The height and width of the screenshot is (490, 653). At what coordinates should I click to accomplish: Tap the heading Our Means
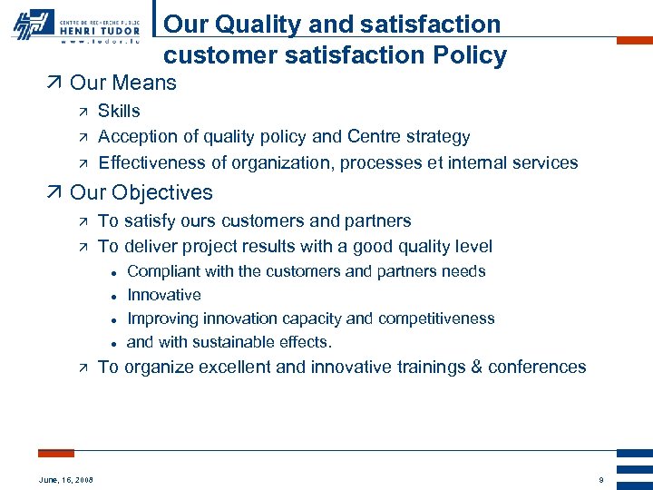[x=122, y=83]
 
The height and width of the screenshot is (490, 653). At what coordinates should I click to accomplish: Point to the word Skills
[x=119, y=112]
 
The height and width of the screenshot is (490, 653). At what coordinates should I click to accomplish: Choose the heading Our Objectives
[x=141, y=192]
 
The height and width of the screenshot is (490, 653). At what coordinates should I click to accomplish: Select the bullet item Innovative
[x=164, y=295]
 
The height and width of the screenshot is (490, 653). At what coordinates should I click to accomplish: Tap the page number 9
[x=600, y=479]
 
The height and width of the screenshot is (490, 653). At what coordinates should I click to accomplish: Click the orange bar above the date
[x=56, y=453]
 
